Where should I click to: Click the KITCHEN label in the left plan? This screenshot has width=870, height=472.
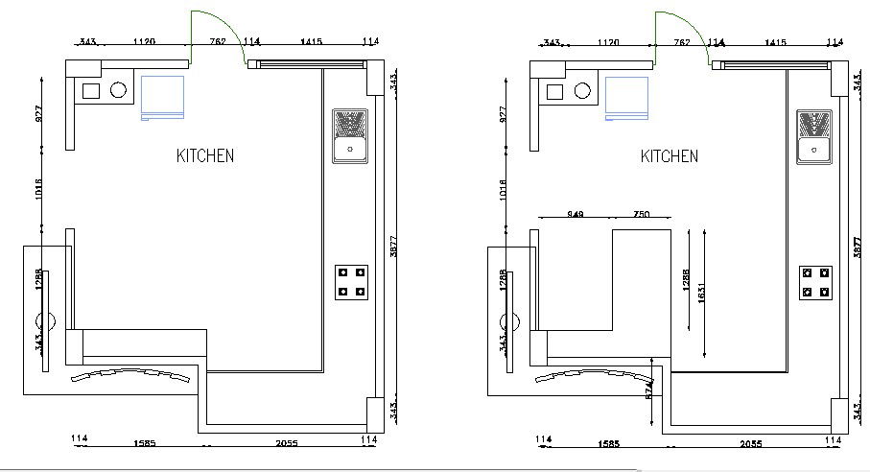tap(204, 155)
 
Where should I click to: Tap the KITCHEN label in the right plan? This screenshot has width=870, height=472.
tap(670, 155)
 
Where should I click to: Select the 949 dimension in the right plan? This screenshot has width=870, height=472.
tap(576, 214)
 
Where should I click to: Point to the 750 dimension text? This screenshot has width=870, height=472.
tap(641, 214)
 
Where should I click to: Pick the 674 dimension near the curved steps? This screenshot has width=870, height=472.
tap(649, 391)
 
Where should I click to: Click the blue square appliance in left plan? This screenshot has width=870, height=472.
tap(162, 98)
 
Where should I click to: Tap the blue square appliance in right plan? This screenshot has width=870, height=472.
tap(626, 98)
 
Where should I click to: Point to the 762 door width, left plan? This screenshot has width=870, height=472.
tap(217, 42)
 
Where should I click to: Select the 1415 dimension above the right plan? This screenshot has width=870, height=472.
tap(776, 42)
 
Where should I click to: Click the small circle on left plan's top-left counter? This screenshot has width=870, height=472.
tap(119, 91)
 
